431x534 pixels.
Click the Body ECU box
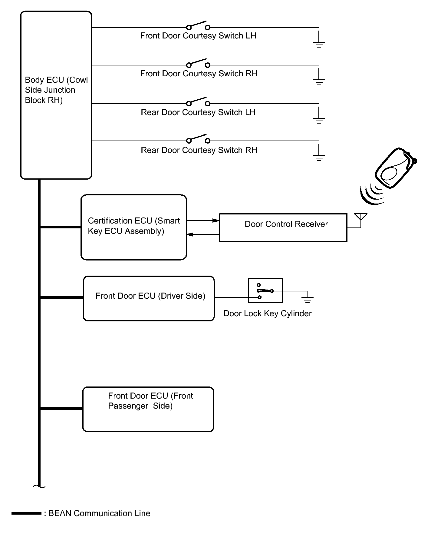tap(56, 95)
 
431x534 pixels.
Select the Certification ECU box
tap(133, 227)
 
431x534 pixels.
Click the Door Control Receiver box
tap(283, 227)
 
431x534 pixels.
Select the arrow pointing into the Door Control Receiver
tap(215, 221)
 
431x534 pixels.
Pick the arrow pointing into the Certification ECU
tap(190, 234)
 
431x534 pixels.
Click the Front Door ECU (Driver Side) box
tap(149, 298)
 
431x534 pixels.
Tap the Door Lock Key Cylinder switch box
tap(265, 290)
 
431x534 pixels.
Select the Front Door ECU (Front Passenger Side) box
tap(148, 409)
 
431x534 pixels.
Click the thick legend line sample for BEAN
tap(26, 513)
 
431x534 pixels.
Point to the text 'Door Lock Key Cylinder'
tap(267, 313)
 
